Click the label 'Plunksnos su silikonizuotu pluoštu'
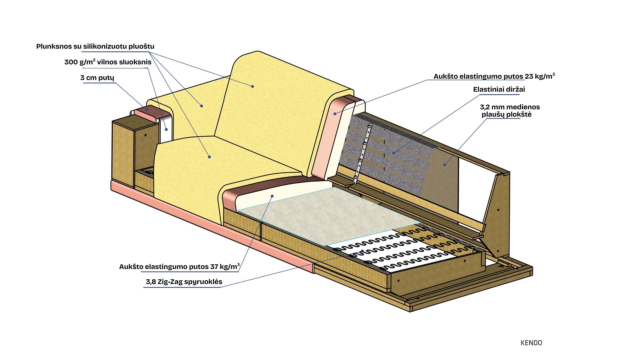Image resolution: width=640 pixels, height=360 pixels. pos(95,46)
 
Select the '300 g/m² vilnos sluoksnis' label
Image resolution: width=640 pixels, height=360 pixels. pos(108,62)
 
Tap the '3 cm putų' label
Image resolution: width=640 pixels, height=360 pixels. pos(97,78)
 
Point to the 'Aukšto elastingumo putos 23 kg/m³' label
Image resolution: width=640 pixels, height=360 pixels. pos(494,76)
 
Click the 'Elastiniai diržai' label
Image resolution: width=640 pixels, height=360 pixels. pos(499,89)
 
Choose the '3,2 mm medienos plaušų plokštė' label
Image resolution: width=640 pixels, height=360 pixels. pos(509,111)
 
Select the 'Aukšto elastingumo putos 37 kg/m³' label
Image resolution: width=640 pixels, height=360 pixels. pos(179,267)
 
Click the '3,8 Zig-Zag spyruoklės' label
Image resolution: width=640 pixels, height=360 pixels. pos(184,282)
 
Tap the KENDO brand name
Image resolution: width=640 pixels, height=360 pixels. pos(531,343)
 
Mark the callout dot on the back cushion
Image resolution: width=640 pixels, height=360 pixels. pos(253,86)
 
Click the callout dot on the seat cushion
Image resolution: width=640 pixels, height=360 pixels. pos(209,157)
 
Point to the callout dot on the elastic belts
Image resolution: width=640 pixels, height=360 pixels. pos(394,153)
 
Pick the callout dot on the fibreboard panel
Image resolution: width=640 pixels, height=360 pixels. pos(444,164)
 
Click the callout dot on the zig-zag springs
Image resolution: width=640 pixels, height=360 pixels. pos(362,251)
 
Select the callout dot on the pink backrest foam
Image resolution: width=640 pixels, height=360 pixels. pos(335,114)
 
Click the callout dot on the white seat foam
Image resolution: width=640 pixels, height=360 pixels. pos(272,196)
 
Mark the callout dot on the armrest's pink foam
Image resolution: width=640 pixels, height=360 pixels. pos(146,109)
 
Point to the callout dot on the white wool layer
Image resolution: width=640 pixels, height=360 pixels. pos(166,129)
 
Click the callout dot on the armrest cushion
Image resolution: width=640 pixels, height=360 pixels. pos(201,106)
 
